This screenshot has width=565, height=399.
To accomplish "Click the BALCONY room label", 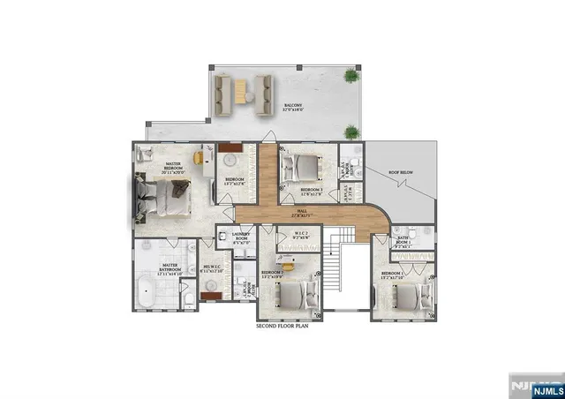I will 292,108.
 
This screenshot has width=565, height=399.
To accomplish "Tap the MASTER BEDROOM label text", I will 179,167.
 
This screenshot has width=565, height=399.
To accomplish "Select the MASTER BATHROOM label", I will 169,268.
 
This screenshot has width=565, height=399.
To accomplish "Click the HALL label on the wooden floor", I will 301,214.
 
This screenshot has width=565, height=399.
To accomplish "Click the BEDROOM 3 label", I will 311,190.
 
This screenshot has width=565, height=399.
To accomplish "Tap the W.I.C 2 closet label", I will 298,236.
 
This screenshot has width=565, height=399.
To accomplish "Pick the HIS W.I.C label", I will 213,269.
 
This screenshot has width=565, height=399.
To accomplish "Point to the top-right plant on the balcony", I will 353,77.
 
